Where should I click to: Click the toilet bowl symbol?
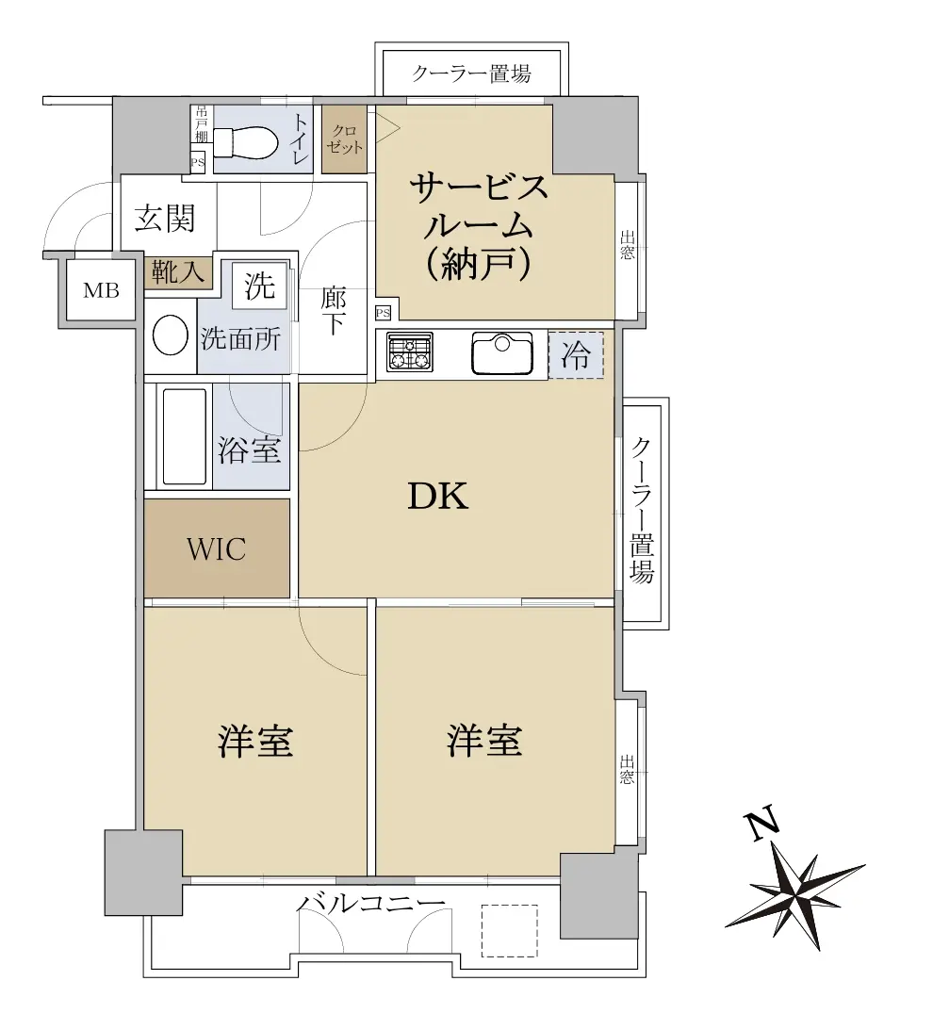coord(246,142)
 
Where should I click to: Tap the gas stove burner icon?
coord(409,352)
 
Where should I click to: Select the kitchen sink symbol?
coord(502,354)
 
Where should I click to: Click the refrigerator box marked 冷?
coord(576,355)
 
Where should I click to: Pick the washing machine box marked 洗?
coord(259,286)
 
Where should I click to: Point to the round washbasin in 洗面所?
coord(171,335)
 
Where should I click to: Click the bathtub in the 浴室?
coord(184,436)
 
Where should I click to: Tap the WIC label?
coord(216,549)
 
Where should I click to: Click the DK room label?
coord(438,497)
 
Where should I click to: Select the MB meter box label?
coord(101,289)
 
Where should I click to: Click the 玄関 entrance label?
coord(165,218)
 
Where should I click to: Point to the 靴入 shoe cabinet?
coord(178,271)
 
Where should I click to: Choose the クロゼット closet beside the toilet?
coord(344,139)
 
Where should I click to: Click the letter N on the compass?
coord(761,826)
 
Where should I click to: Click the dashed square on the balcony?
coord(509,931)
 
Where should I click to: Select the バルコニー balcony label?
coord(370,904)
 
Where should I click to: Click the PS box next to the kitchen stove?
coord(383,314)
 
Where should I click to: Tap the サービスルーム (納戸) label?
coord(479,226)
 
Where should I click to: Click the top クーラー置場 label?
coord(471,73)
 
